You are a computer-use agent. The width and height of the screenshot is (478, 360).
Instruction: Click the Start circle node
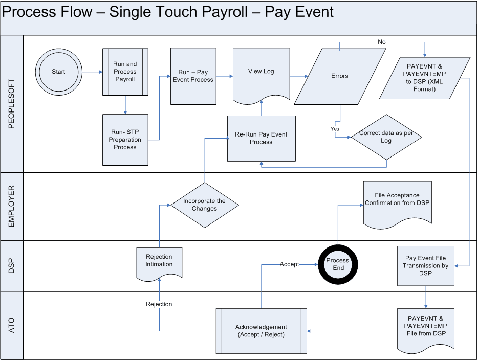point(58,72)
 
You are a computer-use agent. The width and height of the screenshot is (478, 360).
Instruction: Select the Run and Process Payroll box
point(125,72)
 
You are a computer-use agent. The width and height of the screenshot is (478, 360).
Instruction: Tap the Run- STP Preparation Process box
point(125,140)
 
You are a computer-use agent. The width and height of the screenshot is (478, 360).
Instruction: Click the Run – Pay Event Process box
point(193,76)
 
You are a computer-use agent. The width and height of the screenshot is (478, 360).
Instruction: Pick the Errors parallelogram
point(339,76)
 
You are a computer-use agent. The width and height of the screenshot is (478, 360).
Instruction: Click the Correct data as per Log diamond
point(386,137)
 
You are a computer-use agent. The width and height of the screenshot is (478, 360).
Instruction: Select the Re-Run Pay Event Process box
point(261,138)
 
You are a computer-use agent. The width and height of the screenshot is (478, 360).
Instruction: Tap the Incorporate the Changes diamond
point(204,205)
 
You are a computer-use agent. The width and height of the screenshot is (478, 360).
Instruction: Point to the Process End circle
point(337,264)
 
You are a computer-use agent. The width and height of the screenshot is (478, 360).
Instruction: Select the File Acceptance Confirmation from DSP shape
point(397,201)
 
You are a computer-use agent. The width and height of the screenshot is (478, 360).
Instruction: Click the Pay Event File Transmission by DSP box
point(426,266)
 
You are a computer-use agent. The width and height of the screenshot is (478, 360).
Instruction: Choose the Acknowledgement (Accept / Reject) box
point(261,331)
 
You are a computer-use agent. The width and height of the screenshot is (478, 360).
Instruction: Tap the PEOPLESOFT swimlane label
point(12,104)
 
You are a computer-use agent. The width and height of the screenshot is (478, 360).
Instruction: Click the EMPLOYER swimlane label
point(12,206)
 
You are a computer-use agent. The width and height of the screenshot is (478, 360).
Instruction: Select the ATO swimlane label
point(12,325)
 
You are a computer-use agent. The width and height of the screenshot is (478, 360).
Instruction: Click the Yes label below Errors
point(334,129)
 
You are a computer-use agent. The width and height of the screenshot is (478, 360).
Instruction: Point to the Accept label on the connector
point(289,264)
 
